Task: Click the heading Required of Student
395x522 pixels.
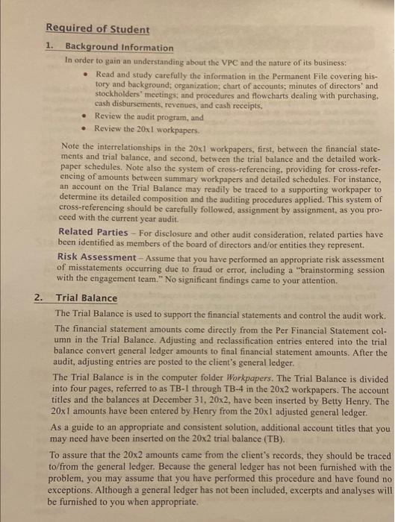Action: click(97, 30)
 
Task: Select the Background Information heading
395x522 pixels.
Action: click(119, 48)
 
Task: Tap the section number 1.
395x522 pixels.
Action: click(49, 48)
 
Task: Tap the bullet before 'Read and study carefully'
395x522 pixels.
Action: click(89, 75)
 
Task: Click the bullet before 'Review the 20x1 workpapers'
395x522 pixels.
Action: click(89, 128)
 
